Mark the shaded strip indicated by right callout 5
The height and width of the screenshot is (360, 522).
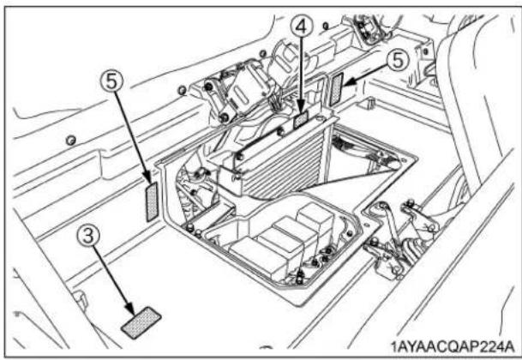point(337,88)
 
